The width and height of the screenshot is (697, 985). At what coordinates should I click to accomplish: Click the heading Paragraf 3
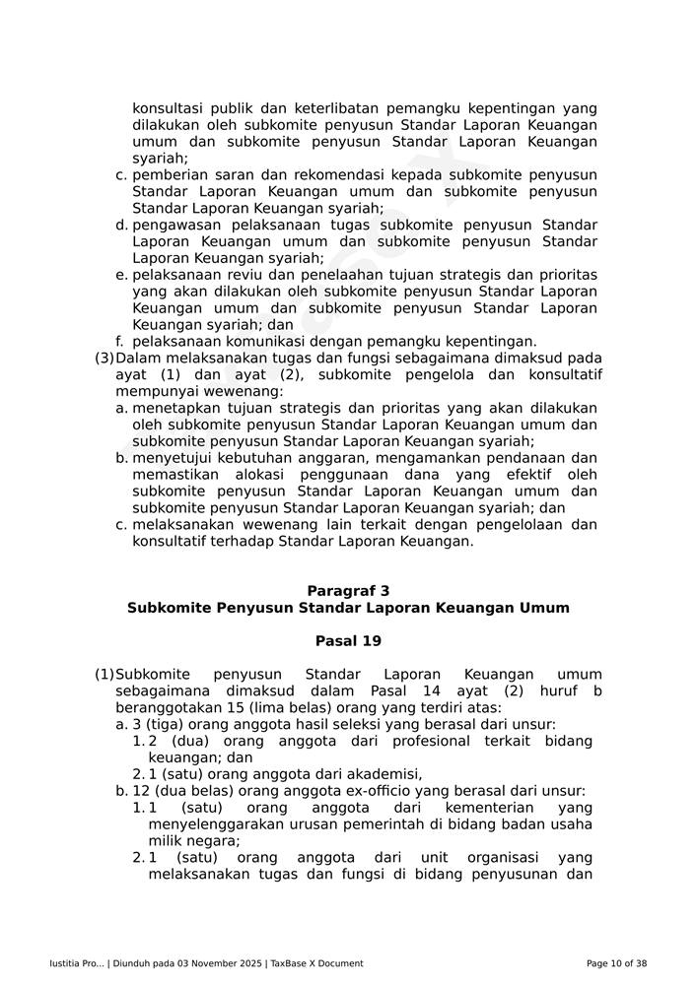348,591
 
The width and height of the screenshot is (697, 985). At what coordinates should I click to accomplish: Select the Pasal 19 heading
348,641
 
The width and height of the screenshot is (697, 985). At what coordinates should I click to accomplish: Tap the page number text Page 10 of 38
616,963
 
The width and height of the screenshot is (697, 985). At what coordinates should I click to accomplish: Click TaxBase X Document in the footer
316,963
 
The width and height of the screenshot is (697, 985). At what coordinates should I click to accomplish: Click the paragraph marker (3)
105,359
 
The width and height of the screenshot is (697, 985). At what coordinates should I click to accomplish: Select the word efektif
519,475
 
